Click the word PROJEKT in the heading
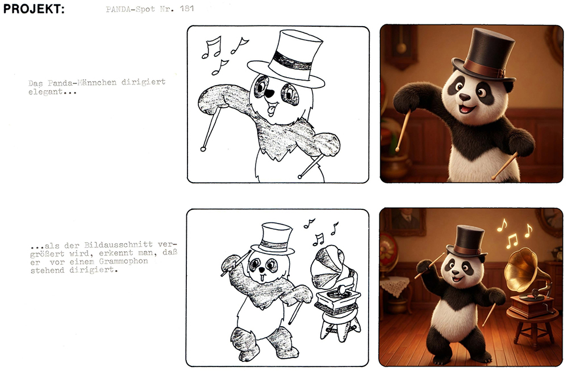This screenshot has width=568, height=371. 34,9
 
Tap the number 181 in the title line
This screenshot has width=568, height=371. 186,9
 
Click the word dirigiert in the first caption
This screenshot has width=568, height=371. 143,82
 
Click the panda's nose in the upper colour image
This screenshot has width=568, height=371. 465,97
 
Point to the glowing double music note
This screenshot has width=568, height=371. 512,241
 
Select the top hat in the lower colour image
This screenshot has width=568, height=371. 466,242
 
